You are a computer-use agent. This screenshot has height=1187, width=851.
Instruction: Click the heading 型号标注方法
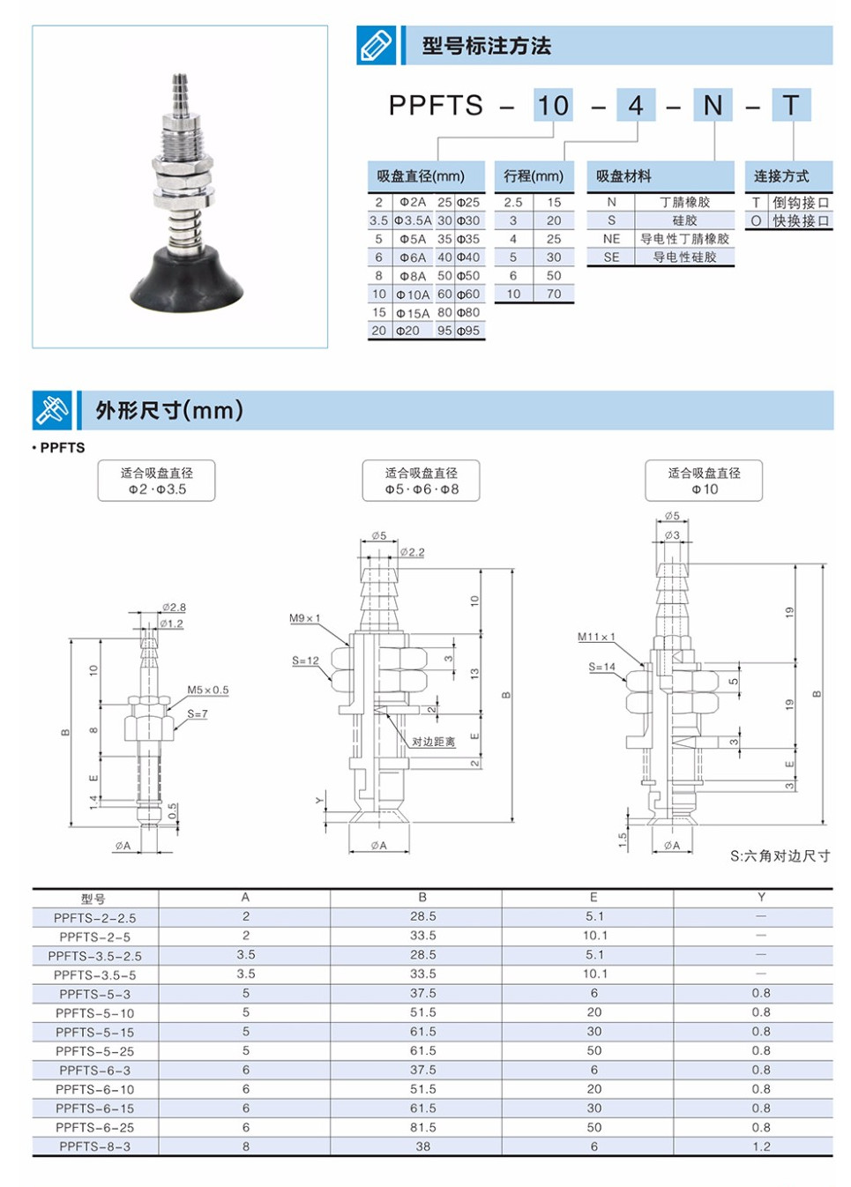pos(486,46)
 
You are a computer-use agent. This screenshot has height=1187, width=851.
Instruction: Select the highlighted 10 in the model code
pos(553,106)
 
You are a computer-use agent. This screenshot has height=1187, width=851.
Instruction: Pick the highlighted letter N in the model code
pos(713,106)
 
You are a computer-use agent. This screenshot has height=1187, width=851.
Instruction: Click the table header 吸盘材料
pos(624,176)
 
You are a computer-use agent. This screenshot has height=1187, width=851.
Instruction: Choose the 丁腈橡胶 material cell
pos(684,202)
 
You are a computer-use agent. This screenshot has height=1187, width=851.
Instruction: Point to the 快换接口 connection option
pos(801,221)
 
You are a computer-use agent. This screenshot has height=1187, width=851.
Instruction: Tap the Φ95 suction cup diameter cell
pos(468,331)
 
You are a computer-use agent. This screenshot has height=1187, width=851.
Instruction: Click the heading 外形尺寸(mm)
pos(169,411)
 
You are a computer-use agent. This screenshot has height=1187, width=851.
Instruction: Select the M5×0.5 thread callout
pos(207,690)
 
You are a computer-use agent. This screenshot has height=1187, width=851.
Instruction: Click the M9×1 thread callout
pos(305,618)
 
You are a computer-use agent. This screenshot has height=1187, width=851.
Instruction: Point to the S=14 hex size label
pos(602,667)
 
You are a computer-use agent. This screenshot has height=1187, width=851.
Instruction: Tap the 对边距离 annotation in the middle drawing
pos(433,742)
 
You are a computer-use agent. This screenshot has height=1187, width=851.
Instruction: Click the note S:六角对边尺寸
pos(780,855)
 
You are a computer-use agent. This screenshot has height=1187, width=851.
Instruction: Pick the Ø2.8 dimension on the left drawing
pos(174,607)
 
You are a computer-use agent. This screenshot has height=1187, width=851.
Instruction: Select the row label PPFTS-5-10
pos(94,1013)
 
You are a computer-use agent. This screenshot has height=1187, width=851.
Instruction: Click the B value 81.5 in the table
pos(422,1127)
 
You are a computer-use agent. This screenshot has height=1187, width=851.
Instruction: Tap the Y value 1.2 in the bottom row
pos(761,1146)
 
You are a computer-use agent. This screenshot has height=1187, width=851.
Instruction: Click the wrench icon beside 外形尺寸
pos(52,411)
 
